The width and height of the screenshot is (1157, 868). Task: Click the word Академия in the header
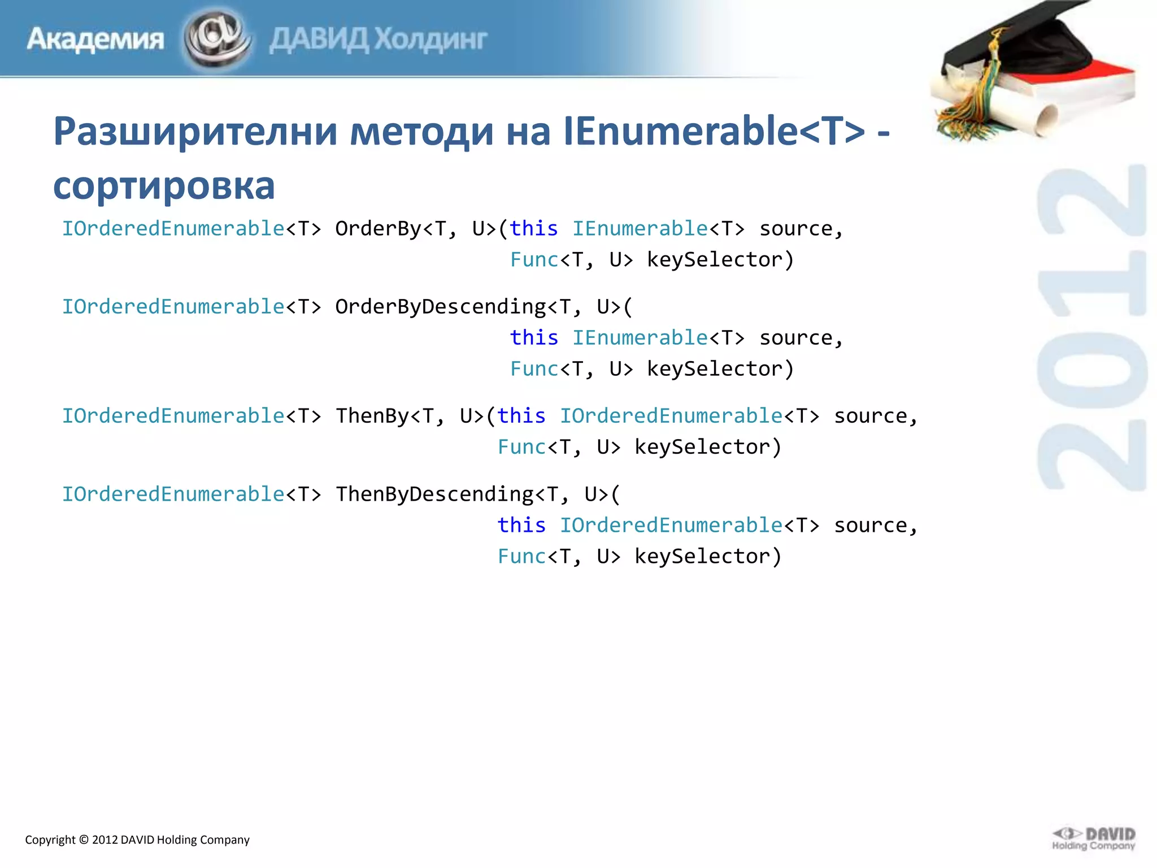click(x=95, y=40)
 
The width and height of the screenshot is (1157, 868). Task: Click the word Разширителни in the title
click(x=195, y=131)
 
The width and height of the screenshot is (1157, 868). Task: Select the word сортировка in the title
click(x=164, y=185)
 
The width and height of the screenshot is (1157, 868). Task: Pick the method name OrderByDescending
click(x=441, y=307)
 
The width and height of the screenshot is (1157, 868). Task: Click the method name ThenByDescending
click(x=434, y=494)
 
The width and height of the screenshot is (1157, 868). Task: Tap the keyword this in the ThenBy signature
click(x=521, y=416)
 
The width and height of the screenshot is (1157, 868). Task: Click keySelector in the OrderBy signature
click(x=715, y=260)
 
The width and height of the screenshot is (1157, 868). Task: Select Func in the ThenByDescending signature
click(x=521, y=557)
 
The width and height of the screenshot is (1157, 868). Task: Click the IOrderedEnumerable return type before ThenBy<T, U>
click(x=173, y=416)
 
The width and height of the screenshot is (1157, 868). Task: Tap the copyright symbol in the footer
click(x=84, y=840)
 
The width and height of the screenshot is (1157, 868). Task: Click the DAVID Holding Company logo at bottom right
click(x=1094, y=839)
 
